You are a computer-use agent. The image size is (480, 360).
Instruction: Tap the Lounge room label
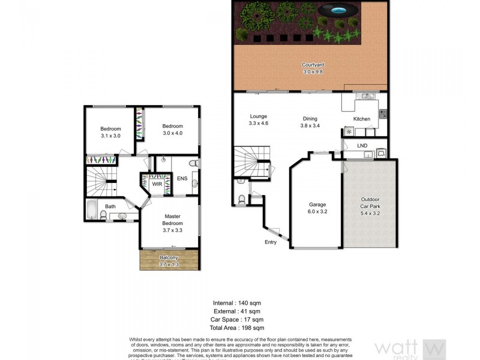(x=258, y=121)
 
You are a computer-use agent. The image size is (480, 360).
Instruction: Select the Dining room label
(x=310, y=122)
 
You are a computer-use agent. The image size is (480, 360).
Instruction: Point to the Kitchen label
(x=362, y=119)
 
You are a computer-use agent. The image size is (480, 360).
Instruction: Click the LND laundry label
(x=362, y=146)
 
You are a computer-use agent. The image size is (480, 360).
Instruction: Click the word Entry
(x=271, y=242)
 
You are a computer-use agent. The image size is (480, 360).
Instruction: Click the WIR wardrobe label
(x=157, y=184)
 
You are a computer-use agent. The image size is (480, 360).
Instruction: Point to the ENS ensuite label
(x=182, y=178)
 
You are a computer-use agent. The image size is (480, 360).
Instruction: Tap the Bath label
(x=110, y=207)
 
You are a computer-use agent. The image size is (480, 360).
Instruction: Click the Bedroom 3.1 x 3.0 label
(x=110, y=133)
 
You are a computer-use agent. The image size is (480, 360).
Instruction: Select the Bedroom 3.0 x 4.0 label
(x=172, y=129)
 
